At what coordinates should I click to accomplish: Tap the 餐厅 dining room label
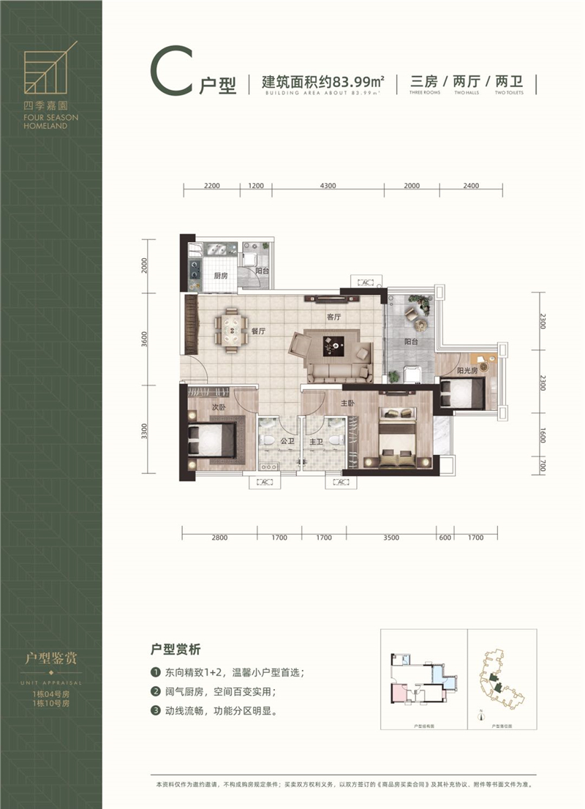[257, 331]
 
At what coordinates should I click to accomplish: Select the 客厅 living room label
[335, 317]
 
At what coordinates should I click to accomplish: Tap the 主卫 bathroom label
[316, 442]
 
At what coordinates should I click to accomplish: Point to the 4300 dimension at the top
[328, 186]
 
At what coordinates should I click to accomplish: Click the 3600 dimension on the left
[146, 339]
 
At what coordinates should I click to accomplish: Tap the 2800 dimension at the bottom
[220, 538]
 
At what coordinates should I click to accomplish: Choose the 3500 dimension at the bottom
[391, 538]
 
